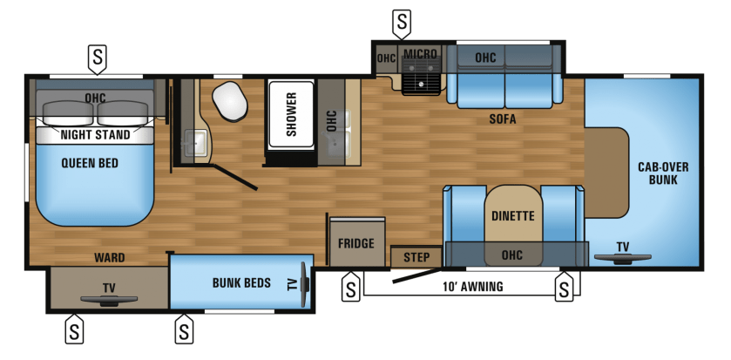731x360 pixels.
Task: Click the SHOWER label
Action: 291,114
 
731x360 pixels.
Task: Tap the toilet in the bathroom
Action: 229,101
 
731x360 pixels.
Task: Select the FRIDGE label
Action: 356,243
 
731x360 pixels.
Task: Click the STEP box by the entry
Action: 416,257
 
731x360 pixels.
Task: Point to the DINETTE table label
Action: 513,216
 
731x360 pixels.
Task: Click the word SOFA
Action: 503,119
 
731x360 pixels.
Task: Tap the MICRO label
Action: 420,54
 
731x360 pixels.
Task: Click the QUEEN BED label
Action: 90,163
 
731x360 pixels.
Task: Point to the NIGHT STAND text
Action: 96,135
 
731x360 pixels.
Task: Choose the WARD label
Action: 110,257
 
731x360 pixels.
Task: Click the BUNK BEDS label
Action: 241,283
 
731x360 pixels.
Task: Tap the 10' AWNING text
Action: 473,286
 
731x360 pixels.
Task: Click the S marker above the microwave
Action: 402,23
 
